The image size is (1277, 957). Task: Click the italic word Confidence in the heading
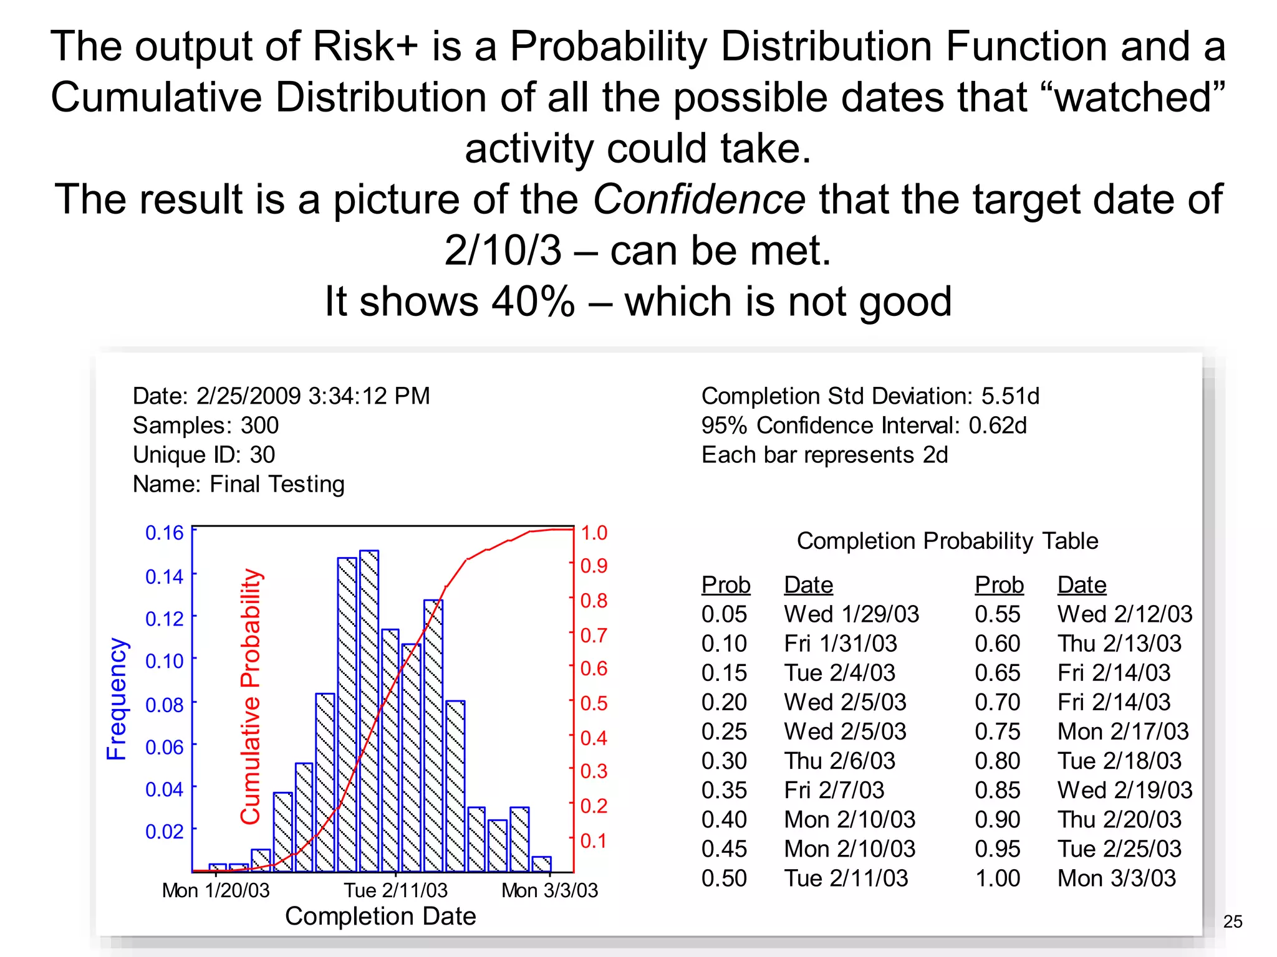pyautogui.click(x=698, y=199)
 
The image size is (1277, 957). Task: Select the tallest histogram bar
pyautogui.click(x=369, y=710)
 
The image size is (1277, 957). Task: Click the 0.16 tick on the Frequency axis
pyautogui.click(x=165, y=533)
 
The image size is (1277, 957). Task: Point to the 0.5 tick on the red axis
pyautogui.click(x=594, y=703)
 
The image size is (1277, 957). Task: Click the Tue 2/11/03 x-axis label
pyautogui.click(x=396, y=890)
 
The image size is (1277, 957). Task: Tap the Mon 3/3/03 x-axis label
pyautogui.click(x=549, y=890)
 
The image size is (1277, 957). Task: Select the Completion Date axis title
pyautogui.click(x=380, y=916)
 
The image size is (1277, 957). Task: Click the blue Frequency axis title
pyautogui.click(x=117, y=698)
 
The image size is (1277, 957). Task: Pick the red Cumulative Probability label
pyautogui.click(x=250, y=696)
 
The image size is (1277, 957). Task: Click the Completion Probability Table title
pyautogui.click(x=947, y=541)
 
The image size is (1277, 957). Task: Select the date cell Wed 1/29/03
pyautogui.click(x=851, y=614)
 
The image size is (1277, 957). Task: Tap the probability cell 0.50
pyautogui.click(x=724, y=878)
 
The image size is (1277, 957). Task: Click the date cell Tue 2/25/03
pyautogui.click(x=1119, y=849)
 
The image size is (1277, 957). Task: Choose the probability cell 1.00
pyautogui.click(x=997, y=878)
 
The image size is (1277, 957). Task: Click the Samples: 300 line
pyautogui.click(x=206, y=426)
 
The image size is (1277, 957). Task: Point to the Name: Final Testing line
pyautogui.click(x=238, y=484)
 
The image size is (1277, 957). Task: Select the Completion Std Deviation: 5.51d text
pyautogui.click(x=870, y=396)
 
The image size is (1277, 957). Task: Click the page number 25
pyautogui.click(x=1233, y=921)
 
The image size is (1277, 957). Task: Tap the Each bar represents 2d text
pyautogui.click(x=824, y=455)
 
